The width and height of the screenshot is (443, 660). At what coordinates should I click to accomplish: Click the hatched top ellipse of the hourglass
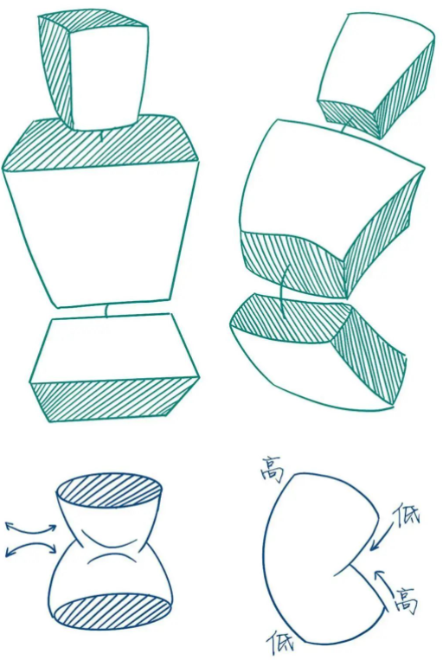[x=109, y=491]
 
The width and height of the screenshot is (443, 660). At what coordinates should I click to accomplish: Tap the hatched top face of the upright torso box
[x=100, y=143]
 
